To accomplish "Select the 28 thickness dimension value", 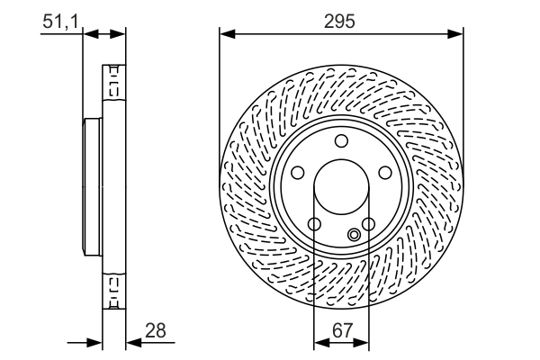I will point(156,332).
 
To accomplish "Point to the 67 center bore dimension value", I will point(341,332).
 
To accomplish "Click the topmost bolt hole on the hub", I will point(341,140).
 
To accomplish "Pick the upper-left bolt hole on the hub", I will point(298,173).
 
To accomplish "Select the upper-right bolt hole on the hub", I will point(385,173).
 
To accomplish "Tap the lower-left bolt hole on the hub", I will point(314,224).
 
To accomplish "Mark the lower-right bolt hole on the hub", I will point(368,224).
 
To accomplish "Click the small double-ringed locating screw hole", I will point(355,236).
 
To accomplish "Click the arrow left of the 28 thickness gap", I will point(94,342).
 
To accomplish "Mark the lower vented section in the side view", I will point(114,290).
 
